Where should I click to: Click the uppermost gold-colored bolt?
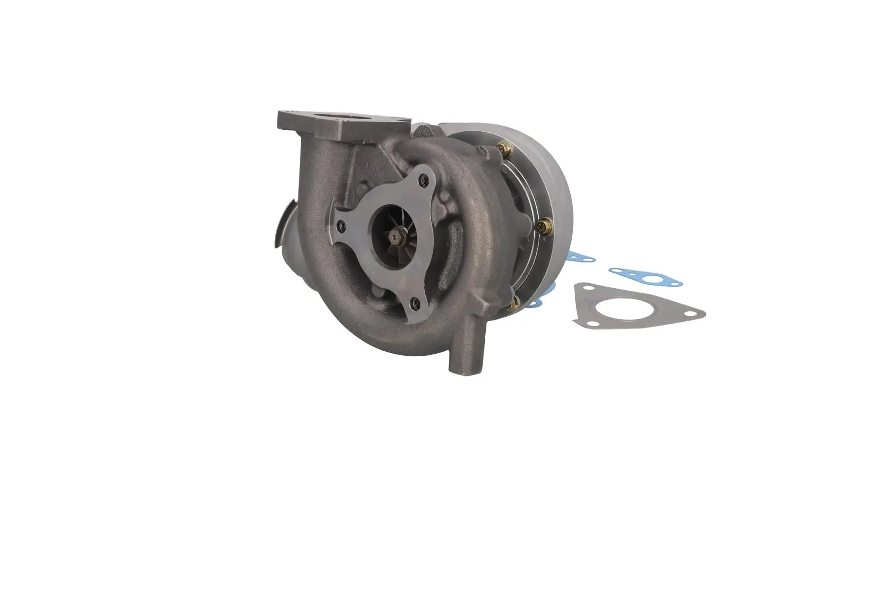tap(504, 147)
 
